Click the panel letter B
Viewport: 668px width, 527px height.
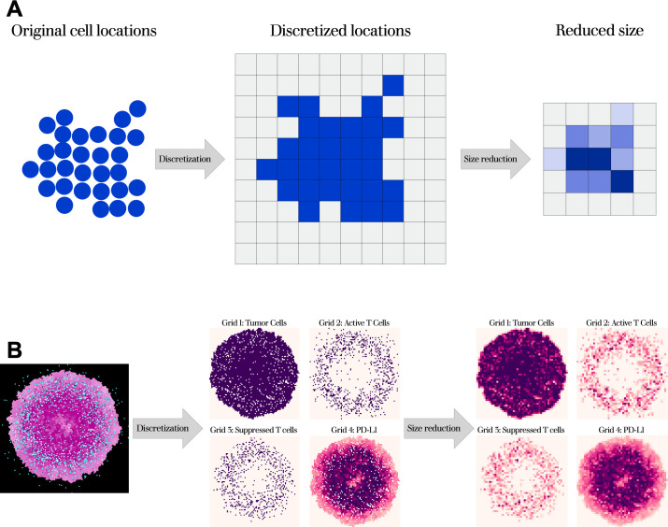[x=15, y=350]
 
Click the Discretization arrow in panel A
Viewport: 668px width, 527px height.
[x=191, y=159]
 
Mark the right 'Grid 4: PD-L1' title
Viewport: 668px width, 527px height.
[x=621, y=405]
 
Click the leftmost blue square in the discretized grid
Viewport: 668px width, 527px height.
[x=266, y=169]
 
